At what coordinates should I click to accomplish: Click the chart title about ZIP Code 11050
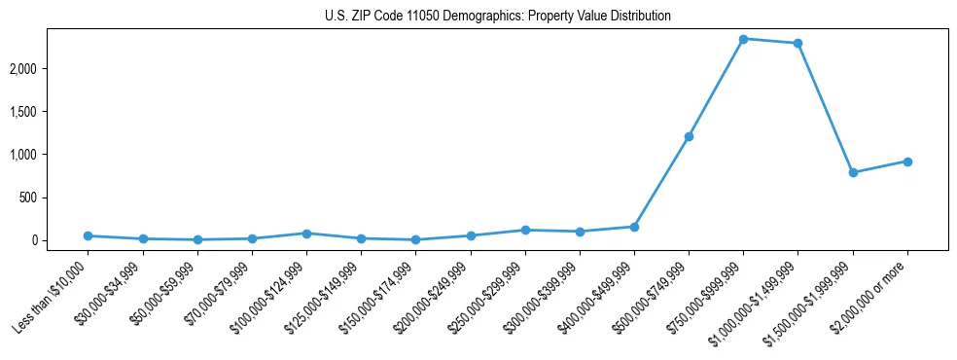498,17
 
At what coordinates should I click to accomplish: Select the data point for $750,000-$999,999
743,39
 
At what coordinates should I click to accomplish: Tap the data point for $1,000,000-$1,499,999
797,43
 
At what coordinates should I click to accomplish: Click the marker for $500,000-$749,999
689,136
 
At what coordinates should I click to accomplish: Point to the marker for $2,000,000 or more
907,162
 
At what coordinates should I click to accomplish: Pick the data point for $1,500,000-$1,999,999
853,172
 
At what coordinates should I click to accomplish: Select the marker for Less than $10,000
88,235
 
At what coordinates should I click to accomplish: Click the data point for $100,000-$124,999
306,234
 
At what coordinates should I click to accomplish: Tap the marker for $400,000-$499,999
634,227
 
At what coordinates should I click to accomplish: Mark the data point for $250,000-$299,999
525,230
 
